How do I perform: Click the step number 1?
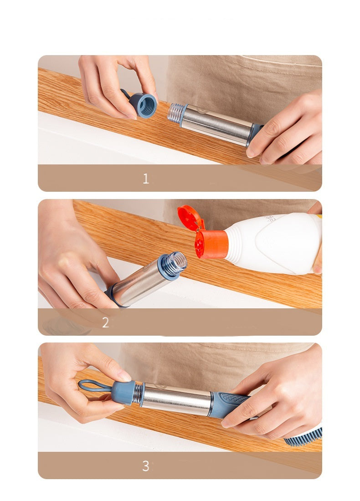tap(146, 178)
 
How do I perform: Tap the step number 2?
tap(105, 322)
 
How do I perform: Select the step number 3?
tap(145, 465)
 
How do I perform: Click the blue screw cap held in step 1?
tap(145, 105)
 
